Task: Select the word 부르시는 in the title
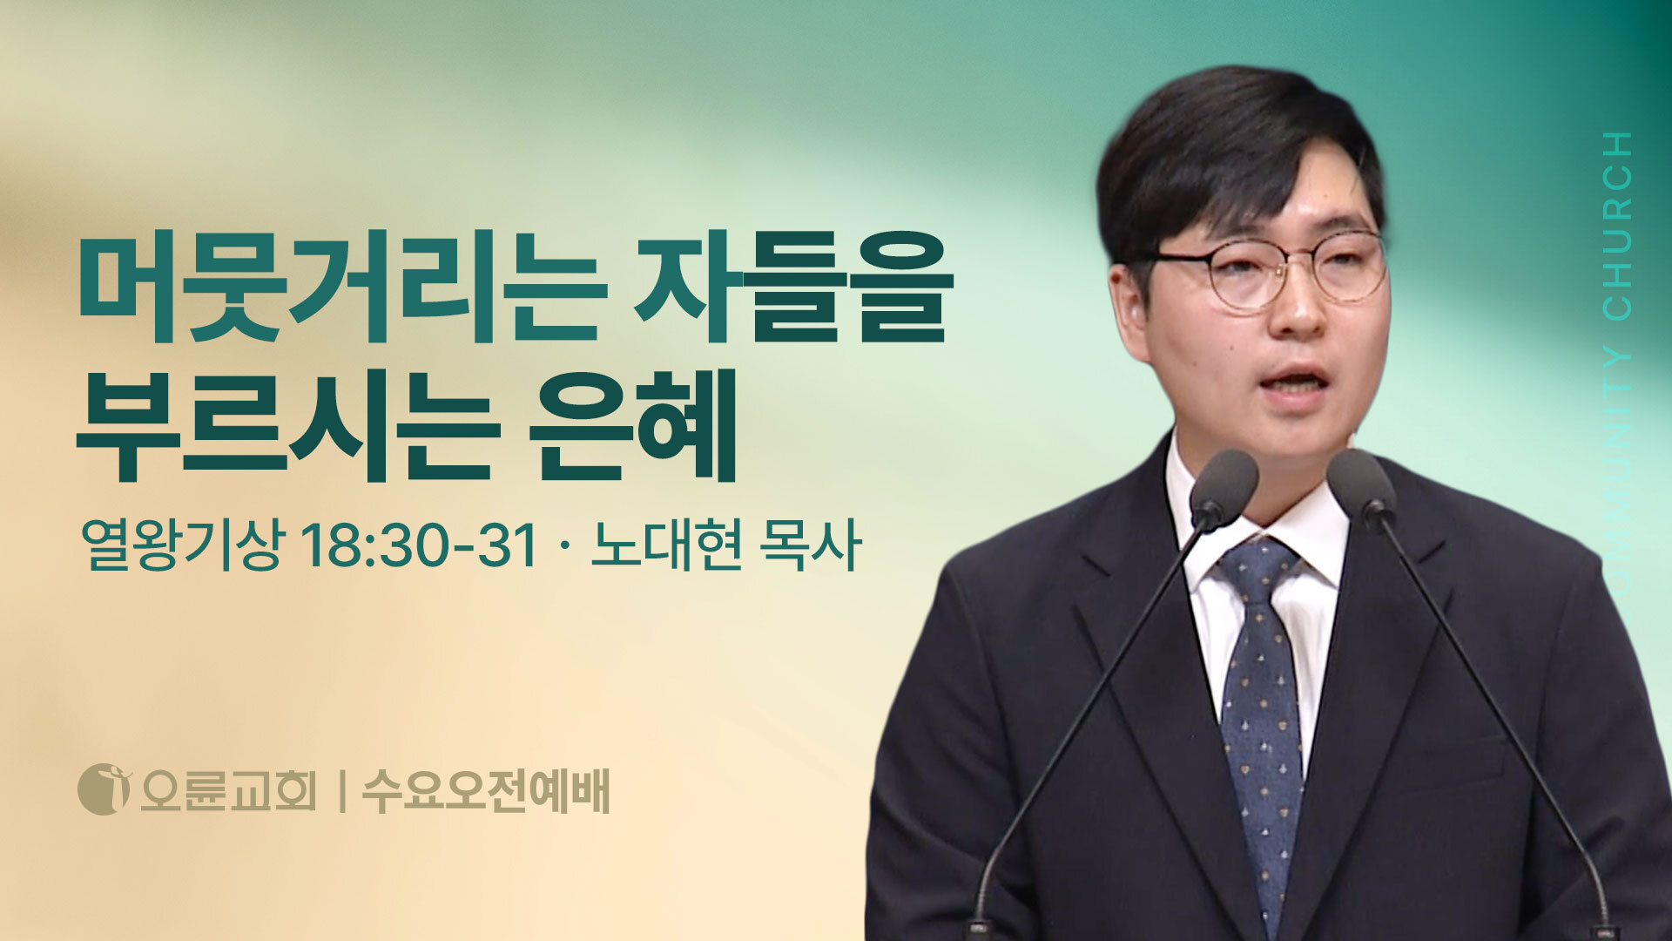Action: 287,425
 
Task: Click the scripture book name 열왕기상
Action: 181,546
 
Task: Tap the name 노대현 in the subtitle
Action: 666,546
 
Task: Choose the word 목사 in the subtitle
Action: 810,546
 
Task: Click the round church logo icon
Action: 104,789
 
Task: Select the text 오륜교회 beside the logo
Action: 227,790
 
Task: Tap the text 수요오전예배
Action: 485,790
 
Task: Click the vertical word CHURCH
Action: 1617,227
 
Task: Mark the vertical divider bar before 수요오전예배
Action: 340,791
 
